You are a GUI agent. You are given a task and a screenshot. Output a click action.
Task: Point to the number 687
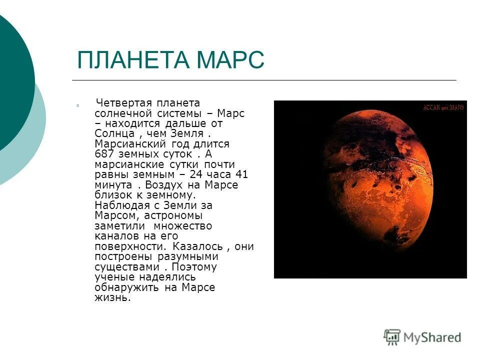click(x=104, y=154)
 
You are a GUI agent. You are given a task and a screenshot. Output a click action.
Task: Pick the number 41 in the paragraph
click(x=241, y=174)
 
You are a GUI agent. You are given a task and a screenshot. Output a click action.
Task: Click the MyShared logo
click(x=423, y=337)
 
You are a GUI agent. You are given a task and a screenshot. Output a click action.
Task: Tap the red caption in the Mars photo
click(x=444, y=107)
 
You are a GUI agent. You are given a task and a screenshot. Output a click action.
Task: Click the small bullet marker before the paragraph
click(x=78, y=105)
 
